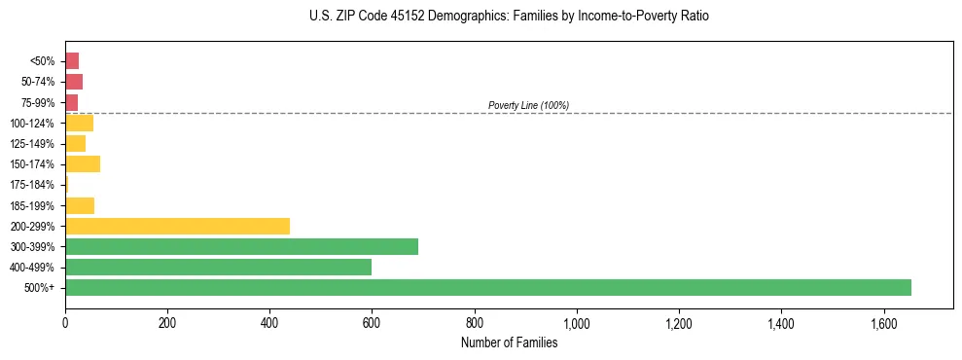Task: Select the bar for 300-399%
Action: (241, 246)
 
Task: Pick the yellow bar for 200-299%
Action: (177, 226)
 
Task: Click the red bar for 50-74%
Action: (74, 82)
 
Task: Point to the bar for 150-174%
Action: (83, 163)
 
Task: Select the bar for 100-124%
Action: (79, 123)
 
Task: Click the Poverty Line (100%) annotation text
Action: (528, 105)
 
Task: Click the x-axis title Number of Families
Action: (509, 342)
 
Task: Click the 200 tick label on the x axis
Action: (167, 323)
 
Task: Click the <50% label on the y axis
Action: (43, 61)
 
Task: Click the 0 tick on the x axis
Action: (65, 323)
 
